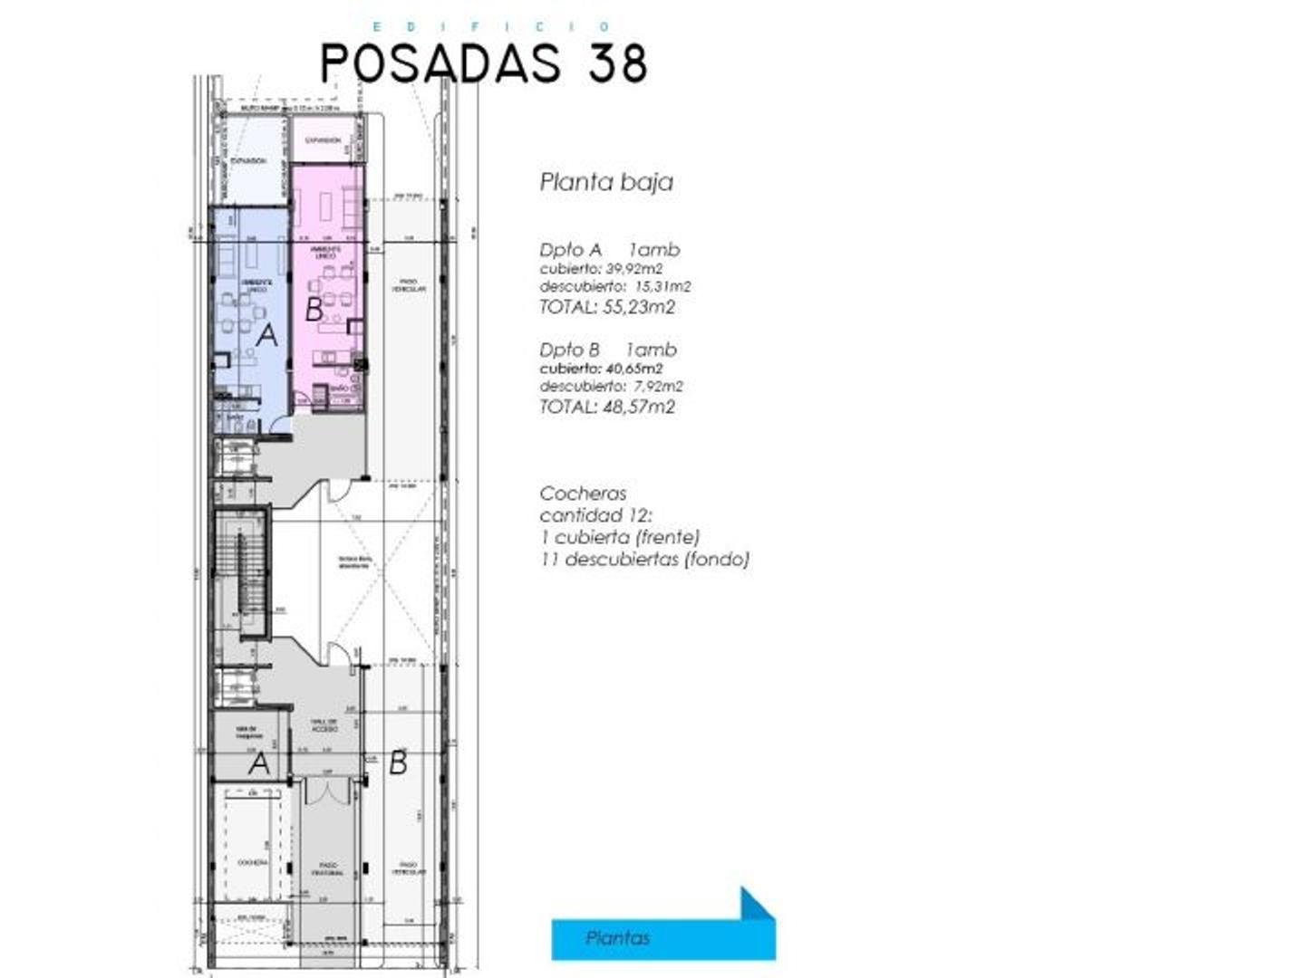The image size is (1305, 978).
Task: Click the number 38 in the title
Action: coord(618,63)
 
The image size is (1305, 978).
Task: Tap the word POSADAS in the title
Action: coord(440,63)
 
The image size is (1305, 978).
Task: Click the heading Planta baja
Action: coord(606,181)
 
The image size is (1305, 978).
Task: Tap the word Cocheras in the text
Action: coord(583,494)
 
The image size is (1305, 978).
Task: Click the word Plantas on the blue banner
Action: coord(617,938)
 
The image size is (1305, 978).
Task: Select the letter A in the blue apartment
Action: coord(266,336)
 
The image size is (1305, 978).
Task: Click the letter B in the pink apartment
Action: coord(314,310)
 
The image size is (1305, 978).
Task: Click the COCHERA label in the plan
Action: coord(252,863)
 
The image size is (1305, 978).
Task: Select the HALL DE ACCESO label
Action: coord(324,725)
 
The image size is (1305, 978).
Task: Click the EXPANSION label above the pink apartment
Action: coord(324,140)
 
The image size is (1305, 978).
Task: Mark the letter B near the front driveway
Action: coord(397,763)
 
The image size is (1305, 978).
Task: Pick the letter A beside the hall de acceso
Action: coord(259,764)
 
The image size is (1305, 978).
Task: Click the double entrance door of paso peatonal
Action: coord(326,791)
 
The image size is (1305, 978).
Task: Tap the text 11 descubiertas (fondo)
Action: coord(644,560)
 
